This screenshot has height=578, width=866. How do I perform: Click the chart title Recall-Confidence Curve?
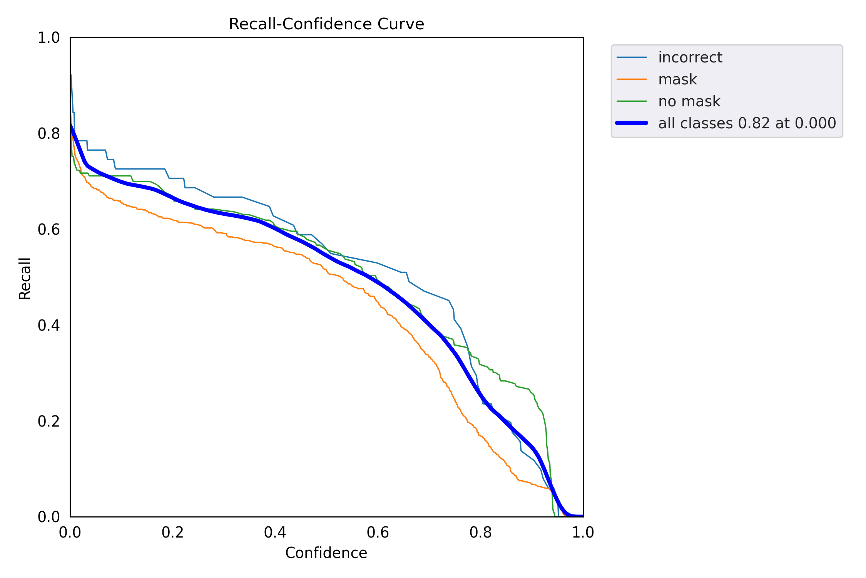[x=326, y=24]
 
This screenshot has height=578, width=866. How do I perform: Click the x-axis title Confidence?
[x=326, y=553]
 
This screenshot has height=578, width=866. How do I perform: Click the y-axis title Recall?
[x=25, y=279]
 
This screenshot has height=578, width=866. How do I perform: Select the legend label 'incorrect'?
[x=690, y=57]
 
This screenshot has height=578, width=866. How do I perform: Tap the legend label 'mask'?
[x=677, y=79]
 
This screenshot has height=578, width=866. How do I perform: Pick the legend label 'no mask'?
[x=689, y=101]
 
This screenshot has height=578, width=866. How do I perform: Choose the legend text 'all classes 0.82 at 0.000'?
[x=747, y=123]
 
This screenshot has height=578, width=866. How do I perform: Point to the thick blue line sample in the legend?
[x=632, y=123]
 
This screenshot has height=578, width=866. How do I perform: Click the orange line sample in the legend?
[x=632, y=79]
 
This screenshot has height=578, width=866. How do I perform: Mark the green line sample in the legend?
[x=632, y=101]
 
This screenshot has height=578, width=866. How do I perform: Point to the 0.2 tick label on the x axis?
[x=172, y=533]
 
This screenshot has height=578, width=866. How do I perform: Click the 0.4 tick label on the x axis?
[x=275, y=533]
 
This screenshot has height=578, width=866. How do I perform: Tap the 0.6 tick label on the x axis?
[x=378, y=533]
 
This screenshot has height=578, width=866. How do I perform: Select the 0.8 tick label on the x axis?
[x=480, y=533]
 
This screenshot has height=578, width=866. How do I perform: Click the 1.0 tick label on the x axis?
[x=583, y=533]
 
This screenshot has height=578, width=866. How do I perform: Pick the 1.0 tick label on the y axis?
[x=49, y=38]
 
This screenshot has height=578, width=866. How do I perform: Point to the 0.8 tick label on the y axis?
[x=49, y=134]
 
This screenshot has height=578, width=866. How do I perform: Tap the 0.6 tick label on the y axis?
[x=49, y=230]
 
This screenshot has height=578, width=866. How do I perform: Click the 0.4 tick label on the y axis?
[x=49, y=326]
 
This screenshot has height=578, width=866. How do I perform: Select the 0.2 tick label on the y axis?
[x=49, y=421]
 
